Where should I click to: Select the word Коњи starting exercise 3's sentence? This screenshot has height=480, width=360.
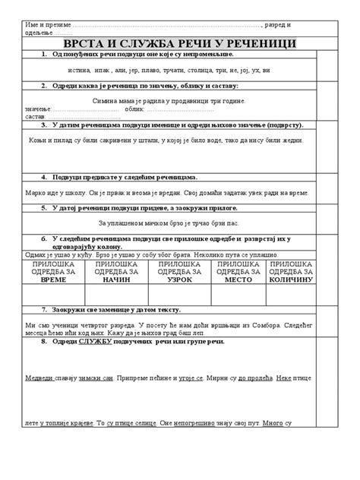(x=39, y=141)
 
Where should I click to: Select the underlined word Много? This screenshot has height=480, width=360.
(x=276, y=422)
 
